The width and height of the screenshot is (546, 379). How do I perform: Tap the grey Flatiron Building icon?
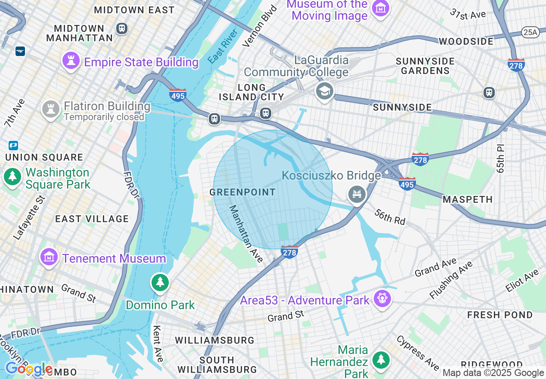click(50, 109)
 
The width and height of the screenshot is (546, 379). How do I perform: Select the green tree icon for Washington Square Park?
click(12, 177)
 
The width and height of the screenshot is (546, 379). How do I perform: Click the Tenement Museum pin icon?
click(49, 257)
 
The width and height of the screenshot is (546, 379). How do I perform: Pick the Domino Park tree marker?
click(160, 283)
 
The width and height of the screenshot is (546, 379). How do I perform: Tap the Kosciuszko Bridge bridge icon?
click(357, 194)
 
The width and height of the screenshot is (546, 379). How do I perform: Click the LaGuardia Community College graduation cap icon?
click(325, 91)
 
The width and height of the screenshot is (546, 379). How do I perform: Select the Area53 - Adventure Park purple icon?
click(382, 298)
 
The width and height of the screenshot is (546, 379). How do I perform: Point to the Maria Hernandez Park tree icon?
click(381, 359)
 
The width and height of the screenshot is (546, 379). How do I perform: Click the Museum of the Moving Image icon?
click(381, 8)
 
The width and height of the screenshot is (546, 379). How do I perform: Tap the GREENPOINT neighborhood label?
click(243, 192)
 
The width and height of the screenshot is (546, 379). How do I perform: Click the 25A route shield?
click(530, 32)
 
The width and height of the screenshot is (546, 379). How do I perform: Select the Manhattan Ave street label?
click(246, 234)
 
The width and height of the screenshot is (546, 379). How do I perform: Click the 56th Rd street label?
click(390, 217)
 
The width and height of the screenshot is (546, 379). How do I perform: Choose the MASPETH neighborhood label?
click(468, 199)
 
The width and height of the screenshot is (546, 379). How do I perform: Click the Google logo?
click(28, 369)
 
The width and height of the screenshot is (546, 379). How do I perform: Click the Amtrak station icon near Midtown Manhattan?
click(20, 51)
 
